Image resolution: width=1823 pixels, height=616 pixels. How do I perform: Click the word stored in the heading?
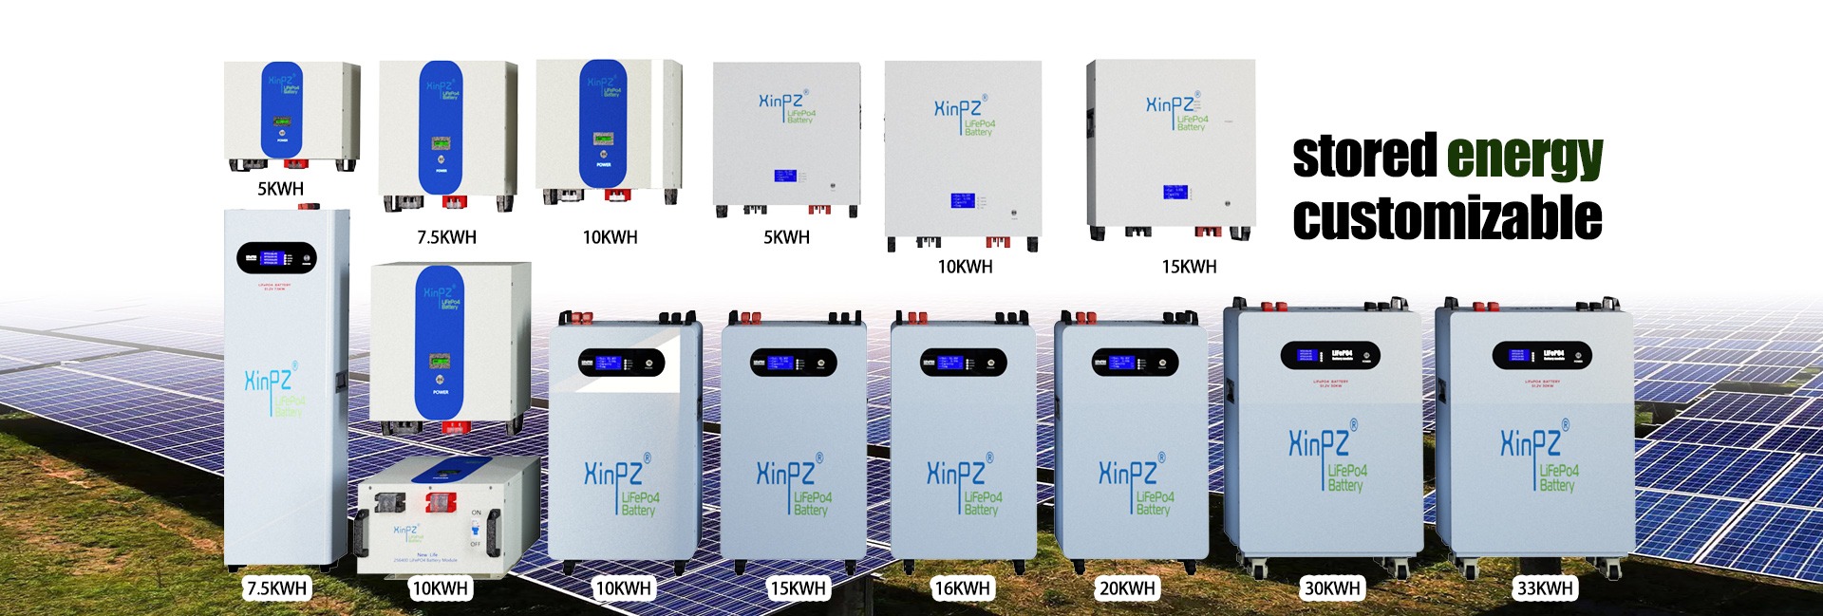point(1364,157)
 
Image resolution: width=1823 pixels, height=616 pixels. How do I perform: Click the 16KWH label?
point(962,588)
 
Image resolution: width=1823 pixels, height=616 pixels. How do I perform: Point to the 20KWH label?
point(1127,588)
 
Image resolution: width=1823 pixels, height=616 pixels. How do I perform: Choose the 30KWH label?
point(1332,588)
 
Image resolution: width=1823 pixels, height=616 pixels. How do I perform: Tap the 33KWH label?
point(1545,588)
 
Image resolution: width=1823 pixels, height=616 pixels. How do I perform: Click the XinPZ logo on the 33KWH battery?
point(1531,443)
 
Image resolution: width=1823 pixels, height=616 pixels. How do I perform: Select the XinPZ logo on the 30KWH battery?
point(1319,443)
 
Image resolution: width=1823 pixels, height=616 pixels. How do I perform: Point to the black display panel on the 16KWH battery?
point(963,362)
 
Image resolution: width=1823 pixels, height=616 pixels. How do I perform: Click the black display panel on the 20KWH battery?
point(1135,362)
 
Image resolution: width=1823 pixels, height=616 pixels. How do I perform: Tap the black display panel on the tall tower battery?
point(276,258)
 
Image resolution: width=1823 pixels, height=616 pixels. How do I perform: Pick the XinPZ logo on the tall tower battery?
point(269,380)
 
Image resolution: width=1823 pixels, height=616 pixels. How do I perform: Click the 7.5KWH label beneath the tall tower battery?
point(276,588)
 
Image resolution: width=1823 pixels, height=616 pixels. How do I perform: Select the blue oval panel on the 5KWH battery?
point(282,109)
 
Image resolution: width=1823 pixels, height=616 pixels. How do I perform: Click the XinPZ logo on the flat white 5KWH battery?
point(780,101)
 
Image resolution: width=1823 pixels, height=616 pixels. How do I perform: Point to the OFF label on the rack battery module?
point(476,544)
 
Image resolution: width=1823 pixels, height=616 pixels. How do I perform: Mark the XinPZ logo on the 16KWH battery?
point(955,473)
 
